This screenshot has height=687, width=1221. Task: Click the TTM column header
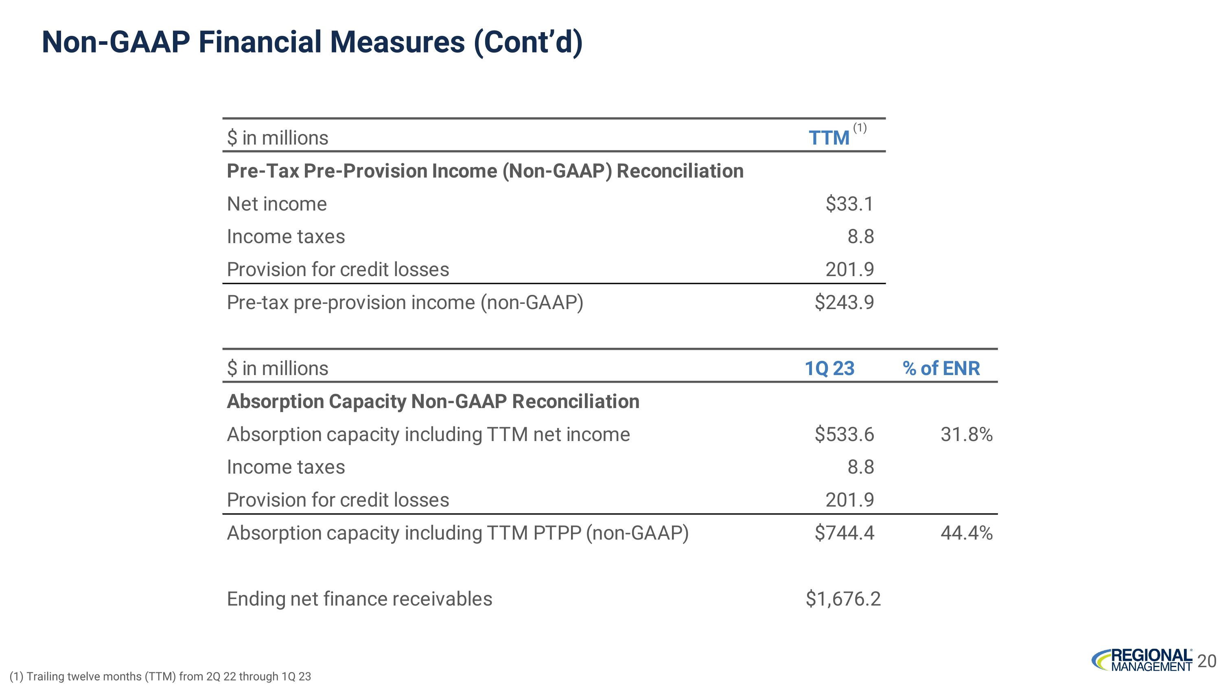(x=829, y=138)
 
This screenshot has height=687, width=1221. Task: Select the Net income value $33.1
(x=849, y=204)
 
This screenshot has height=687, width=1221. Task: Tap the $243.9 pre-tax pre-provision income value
(x=844, y=303)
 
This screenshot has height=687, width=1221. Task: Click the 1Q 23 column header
(x=829, y=369)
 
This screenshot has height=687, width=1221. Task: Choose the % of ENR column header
(x=941, y=369)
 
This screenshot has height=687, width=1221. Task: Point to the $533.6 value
(x=844, y=434)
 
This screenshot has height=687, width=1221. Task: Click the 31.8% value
(x=967, y=434)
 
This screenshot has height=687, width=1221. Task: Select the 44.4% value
(x=967, y=533)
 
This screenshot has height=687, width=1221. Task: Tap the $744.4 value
(x=844, y=533)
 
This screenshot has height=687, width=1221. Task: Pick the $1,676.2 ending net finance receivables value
(x=843, y=599)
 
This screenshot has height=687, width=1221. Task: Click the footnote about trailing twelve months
(x=160, y=676)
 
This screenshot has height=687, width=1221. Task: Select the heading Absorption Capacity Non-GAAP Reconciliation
(x=433, y=402)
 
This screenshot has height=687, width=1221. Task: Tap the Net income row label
(x=277, y=204)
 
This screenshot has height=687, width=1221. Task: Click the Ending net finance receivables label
(x=359, y=599)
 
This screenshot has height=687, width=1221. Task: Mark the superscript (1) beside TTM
(x=860, y=127)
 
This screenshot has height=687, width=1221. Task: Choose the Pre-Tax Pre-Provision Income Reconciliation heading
(x=485, y=171)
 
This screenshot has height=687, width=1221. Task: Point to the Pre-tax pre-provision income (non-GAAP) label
(x=405, y=303)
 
